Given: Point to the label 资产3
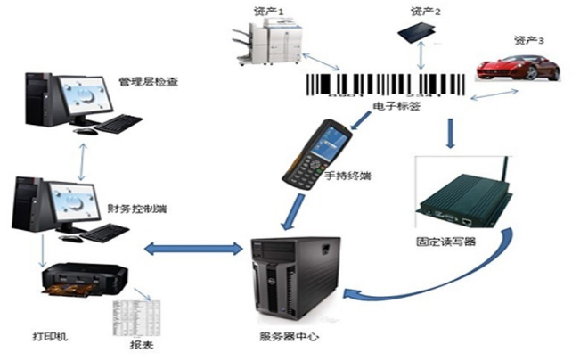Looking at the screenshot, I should pyautogui.click(x=529, y=40).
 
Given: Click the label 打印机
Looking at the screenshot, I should pyautogui.click(x=50, y=337).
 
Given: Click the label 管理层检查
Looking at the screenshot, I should pyautogui.click(x=149, y=81).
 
